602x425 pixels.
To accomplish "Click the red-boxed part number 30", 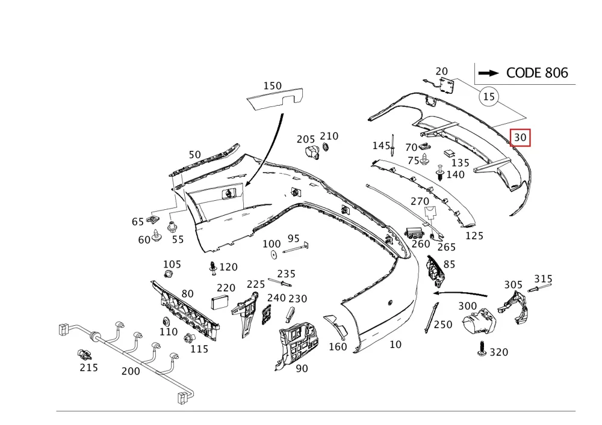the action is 520,138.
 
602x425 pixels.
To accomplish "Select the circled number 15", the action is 489,97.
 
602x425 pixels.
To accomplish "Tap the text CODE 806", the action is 537,73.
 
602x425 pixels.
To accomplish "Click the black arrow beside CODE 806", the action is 489,73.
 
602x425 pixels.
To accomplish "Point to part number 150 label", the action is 273,86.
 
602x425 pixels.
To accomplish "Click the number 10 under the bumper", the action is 396,344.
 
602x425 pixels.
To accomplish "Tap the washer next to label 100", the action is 274,254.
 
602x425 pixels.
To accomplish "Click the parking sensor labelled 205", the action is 311,152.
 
